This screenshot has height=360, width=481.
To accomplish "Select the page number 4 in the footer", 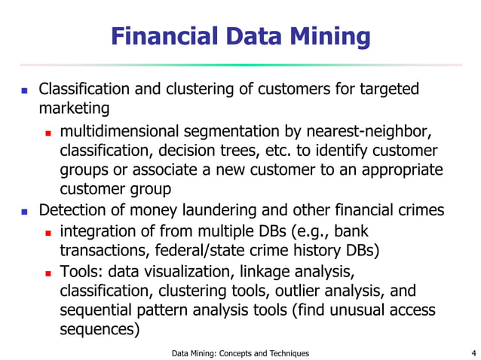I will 473,352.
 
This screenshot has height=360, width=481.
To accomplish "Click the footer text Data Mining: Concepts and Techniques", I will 240,352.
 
